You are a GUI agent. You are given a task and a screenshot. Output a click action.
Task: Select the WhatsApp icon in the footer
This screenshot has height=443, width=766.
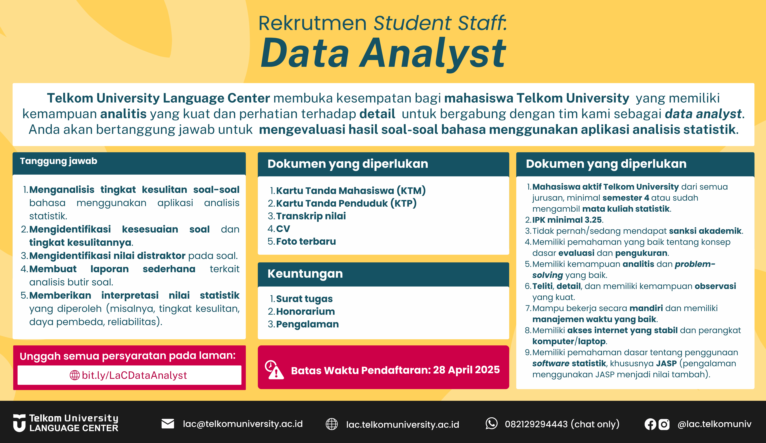(x=491, y=424)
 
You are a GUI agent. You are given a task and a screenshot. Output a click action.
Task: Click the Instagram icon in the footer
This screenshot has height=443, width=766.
(x=664, y=424)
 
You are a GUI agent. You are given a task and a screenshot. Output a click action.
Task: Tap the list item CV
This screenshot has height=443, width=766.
(x=283, y=228)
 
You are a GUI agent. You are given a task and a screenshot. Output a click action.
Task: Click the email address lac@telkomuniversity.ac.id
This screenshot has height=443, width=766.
(x=243, y=424)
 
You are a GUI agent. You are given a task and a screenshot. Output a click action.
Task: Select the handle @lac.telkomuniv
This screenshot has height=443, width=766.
(x=714, y=424)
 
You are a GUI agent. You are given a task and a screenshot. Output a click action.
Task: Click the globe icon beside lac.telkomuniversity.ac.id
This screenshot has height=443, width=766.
(x=332, y=424)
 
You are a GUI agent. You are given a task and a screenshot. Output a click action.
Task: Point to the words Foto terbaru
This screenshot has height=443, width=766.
(x=306, y=241)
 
